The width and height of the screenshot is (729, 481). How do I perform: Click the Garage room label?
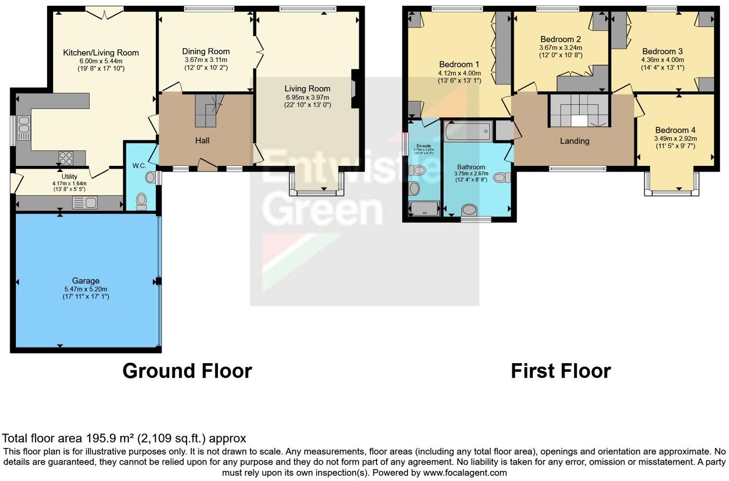(86, 281)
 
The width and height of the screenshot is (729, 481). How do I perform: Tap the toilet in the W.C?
(141, 201)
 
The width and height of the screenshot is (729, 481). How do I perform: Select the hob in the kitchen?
(66, 158)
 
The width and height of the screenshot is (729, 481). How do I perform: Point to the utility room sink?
(85, 203)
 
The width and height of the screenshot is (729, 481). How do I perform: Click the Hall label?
(202, 140)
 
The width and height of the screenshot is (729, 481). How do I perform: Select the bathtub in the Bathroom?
(468, 131)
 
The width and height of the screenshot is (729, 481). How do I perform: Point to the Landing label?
(574, 141)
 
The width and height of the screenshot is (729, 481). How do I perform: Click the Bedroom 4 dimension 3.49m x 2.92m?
(675, 138)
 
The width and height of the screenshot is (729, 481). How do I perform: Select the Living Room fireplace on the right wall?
(354, 89)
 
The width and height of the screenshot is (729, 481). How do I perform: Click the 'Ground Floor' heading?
(187, 371)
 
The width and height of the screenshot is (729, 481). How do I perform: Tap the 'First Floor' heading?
(561, 371)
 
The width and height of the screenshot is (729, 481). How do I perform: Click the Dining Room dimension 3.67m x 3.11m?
(206, 60)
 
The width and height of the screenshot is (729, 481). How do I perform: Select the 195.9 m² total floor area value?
(110, 438)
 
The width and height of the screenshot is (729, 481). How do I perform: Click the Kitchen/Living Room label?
(101, 53)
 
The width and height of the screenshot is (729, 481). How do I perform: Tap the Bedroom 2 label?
(560, 39)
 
